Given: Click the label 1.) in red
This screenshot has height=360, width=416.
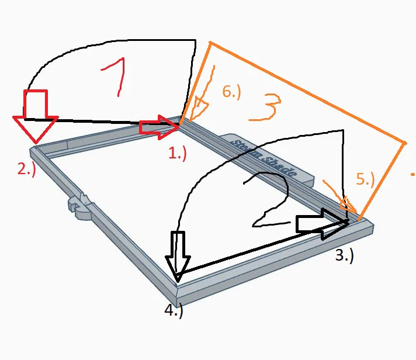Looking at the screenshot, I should pos(176,154).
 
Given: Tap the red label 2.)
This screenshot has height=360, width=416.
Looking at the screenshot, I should pos(27,169).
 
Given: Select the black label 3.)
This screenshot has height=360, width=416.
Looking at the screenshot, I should pos(344,255).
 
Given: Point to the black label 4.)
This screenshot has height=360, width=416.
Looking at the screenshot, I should pos(174,311).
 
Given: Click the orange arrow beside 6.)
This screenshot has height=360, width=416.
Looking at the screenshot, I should pos(199,105).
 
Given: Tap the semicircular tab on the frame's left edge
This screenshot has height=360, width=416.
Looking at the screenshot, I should pos(81,209).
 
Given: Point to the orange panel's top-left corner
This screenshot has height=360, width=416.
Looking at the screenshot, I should pos(210,43).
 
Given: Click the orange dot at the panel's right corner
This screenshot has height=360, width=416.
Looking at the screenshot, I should pos(404,142).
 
